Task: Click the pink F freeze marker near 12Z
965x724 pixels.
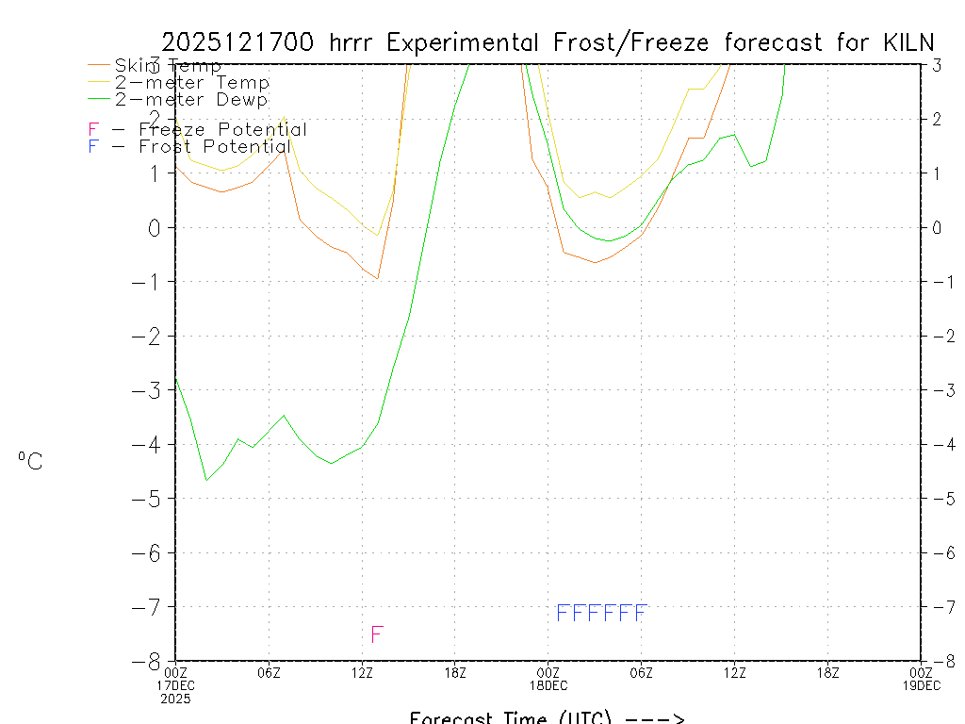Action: coord(377,633)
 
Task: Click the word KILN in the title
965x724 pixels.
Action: coord(907,42)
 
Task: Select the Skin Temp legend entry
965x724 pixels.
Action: coord(168,66)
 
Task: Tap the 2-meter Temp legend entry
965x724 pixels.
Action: coord(192,83)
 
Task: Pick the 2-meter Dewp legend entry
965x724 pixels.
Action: coord(191,99)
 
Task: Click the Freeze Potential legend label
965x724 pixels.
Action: coord(222,130)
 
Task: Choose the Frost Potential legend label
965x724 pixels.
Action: coord(214,147)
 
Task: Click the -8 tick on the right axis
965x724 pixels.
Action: coord(936,661)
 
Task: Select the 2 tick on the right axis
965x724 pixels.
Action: coord(936,119)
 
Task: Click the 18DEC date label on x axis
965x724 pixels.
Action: coord(548,685)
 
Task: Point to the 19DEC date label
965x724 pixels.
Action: coord(921,685)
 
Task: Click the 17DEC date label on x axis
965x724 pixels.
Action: coord(176,685)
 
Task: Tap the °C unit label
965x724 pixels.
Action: coord(30,461)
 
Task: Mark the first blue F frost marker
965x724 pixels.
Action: coord(563,613)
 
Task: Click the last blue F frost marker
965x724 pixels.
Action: coord(641,613)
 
